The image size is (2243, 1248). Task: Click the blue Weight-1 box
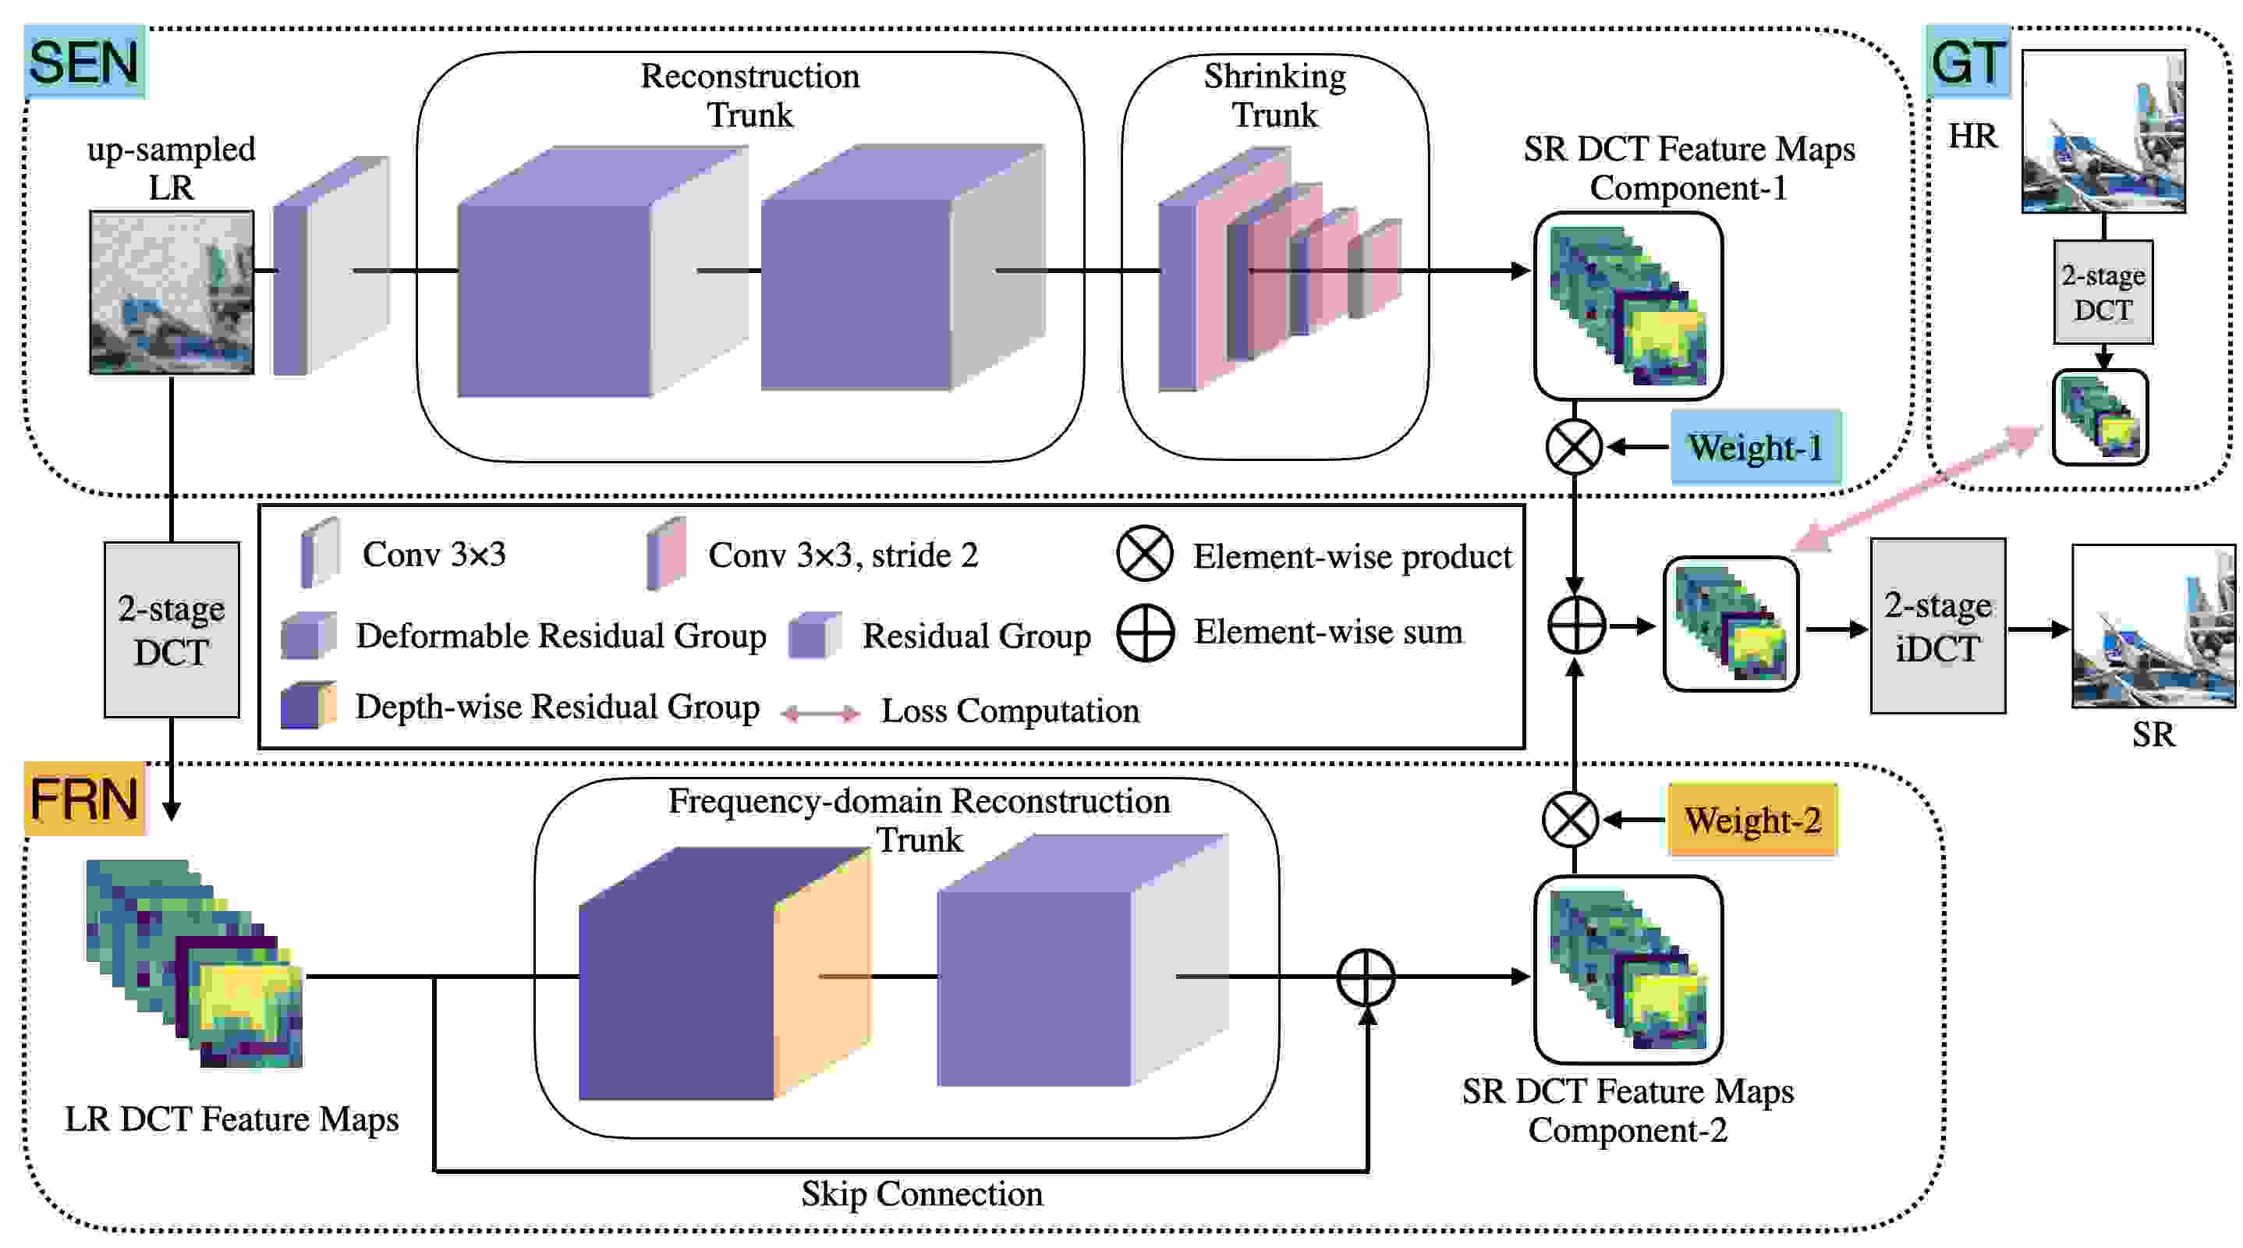[1756, 446]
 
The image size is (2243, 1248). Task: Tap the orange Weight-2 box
[1752, 820]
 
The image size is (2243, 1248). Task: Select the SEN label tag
[84, 62]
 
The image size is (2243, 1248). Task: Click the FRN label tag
[84, 799]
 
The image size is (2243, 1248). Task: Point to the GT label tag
[1968, 62]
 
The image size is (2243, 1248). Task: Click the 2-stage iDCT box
[1938, 626]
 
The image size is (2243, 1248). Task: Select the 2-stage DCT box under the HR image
[2103, 292]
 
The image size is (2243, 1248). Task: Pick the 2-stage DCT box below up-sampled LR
[172, 629]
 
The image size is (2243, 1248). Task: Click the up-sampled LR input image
[172, 292]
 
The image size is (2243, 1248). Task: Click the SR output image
[2153, 626]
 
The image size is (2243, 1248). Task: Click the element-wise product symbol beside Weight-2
[1570, 820]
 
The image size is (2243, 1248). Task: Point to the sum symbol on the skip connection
[1366, 977]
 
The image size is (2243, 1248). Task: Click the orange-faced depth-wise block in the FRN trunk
[725, 973]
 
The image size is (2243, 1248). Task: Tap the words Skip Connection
[922, 1193]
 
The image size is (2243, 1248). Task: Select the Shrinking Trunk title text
[1274, 96]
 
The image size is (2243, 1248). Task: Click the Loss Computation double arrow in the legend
[820, 714]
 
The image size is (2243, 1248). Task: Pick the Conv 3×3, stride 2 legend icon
[666, 553]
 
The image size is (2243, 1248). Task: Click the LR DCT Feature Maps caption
[232, 1119]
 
